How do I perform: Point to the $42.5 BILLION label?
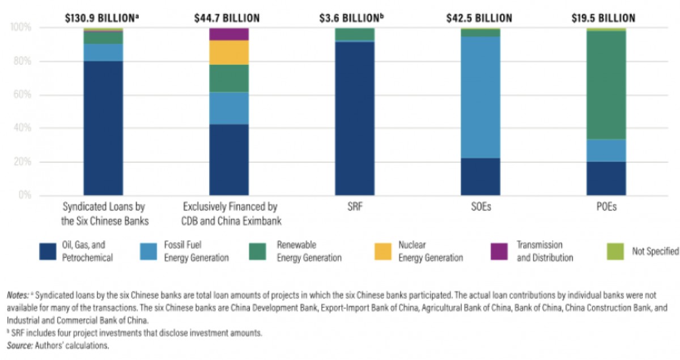pyautogui.click(x=480, y=18)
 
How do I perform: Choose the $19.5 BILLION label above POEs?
pyautogui.click(x=606, y=18)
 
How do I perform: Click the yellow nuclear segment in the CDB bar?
pyautogui.click(x=229, y=52)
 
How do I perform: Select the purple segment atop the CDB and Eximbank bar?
pyautogui.click(x=229, y=34)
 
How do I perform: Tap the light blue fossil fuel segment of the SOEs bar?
pyautogui.click(x=480, y=97)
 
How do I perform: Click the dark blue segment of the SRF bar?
pyautogui.click(x=355, y=118)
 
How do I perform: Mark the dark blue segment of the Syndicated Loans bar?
pyautogui.click(x=103, y=128)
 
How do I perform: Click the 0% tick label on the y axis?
pyautogui.click(x=24, y=196)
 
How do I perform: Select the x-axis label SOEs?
pyautogui.click(x=480, y=207)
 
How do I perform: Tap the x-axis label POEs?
pyautogui.click(x=606, y=207)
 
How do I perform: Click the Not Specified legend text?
pyautogui.click(x=655, y=251)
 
